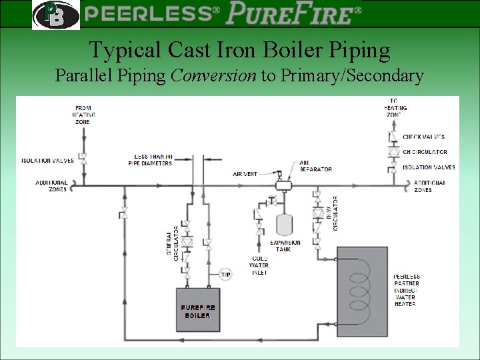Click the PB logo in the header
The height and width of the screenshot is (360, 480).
point(55,15)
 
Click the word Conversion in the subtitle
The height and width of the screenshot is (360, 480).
point(213,76)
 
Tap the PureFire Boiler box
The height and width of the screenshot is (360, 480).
point(198,309)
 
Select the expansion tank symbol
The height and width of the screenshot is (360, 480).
point(285,222)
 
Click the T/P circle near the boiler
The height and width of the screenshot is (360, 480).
point(226,275)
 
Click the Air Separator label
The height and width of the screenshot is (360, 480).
point(315,166)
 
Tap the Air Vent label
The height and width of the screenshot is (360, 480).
point(245,174)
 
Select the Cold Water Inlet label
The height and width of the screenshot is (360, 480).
point(259,265)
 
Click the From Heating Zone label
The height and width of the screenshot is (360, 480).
point(83,114)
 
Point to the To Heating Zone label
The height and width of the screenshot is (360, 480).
point(395,107)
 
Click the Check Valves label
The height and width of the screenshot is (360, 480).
point(423,137)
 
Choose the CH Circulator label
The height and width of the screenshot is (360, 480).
point(425,152)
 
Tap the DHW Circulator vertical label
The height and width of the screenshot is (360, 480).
point(333,213)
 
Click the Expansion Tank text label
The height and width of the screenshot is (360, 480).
point(285,245)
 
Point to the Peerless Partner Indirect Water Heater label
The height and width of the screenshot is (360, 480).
point(406,290)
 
